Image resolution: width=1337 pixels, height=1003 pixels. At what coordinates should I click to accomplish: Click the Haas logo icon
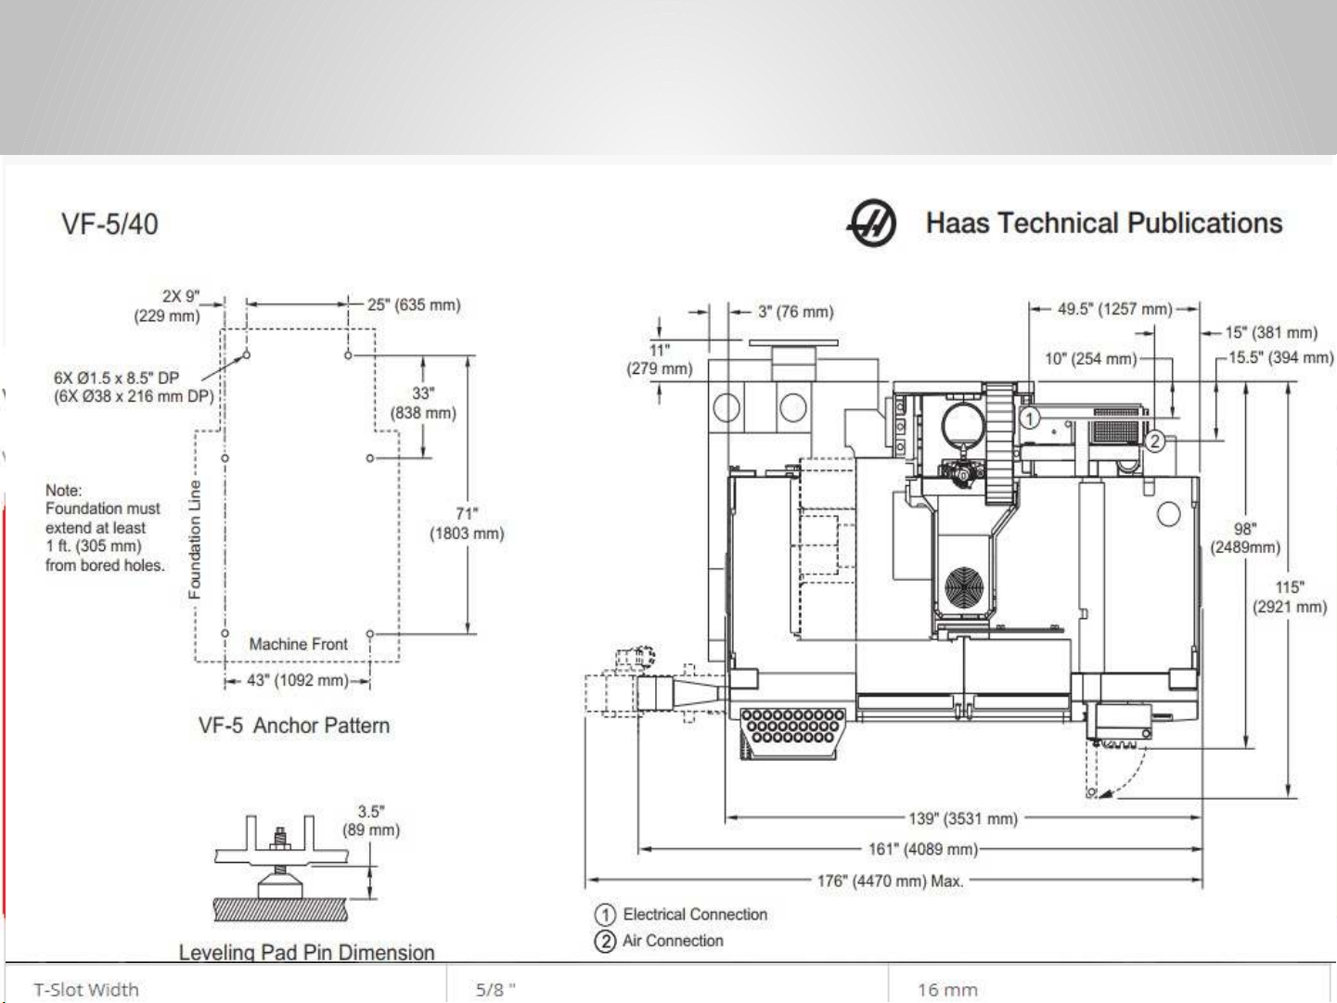(x=871, y=223)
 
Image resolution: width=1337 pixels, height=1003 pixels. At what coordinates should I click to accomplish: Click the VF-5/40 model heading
(x=109, y=225)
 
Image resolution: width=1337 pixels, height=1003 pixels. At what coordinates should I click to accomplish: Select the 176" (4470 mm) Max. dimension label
(x=891, y=881)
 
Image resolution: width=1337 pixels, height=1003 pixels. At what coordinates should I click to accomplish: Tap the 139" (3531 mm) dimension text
(x=963, y=818)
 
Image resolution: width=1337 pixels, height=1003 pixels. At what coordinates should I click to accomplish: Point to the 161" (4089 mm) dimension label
(x=923, y=849)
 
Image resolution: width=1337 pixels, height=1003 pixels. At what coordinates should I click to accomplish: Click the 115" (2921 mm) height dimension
(x=1290, y=598)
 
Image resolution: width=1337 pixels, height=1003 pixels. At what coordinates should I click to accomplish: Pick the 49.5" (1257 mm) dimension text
(x=1114, y=309)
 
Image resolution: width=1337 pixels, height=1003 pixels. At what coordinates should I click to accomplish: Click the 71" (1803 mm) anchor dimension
(x=468, y=523)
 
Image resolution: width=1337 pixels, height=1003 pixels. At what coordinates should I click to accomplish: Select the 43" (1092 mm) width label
(x=298, y=680)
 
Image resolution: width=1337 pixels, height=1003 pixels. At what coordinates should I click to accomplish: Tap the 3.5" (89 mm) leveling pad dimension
(x=371, y=821)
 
